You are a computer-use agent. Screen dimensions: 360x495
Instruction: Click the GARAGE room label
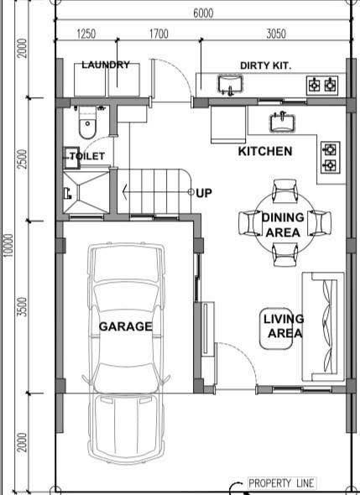click(x=125, y=326)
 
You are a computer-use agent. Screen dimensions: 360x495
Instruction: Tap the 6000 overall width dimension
click(x=203, y=13)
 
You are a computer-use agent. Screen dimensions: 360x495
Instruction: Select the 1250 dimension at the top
click(x=86, y=34)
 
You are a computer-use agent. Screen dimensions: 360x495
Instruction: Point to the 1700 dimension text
click(x=159, y=34)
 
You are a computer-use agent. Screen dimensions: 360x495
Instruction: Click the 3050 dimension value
click(x=276, y=34)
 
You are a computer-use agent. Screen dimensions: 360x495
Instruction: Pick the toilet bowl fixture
click(x=86, y=123)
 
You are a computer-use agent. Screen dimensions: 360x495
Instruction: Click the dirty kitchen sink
click(x=230, y=86)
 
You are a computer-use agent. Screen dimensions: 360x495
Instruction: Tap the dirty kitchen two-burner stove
click(x=322, y=86)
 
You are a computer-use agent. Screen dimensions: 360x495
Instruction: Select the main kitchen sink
click(x=282, y=122)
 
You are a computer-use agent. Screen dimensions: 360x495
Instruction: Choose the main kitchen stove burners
click(x=331, y=157)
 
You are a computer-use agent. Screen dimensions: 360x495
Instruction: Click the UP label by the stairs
click(x=204, y=193)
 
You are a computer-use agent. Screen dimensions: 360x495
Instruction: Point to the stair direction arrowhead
click(x=125, y=192)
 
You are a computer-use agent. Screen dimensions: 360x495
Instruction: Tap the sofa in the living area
click(x=323, y=326)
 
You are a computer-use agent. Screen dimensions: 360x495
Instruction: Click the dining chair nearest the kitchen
click(x=284, y=190)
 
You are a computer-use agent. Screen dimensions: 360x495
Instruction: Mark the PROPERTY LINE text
click(x=281, y=483)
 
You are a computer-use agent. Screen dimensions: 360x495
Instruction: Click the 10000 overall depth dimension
click(x=9, y=245)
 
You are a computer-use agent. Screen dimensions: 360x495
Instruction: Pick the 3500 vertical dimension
click(x=22, y=307)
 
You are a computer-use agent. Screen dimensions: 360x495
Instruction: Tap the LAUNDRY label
click(x=106, y=65)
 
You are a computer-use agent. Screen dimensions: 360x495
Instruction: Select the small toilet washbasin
click(x=71, y=158)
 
